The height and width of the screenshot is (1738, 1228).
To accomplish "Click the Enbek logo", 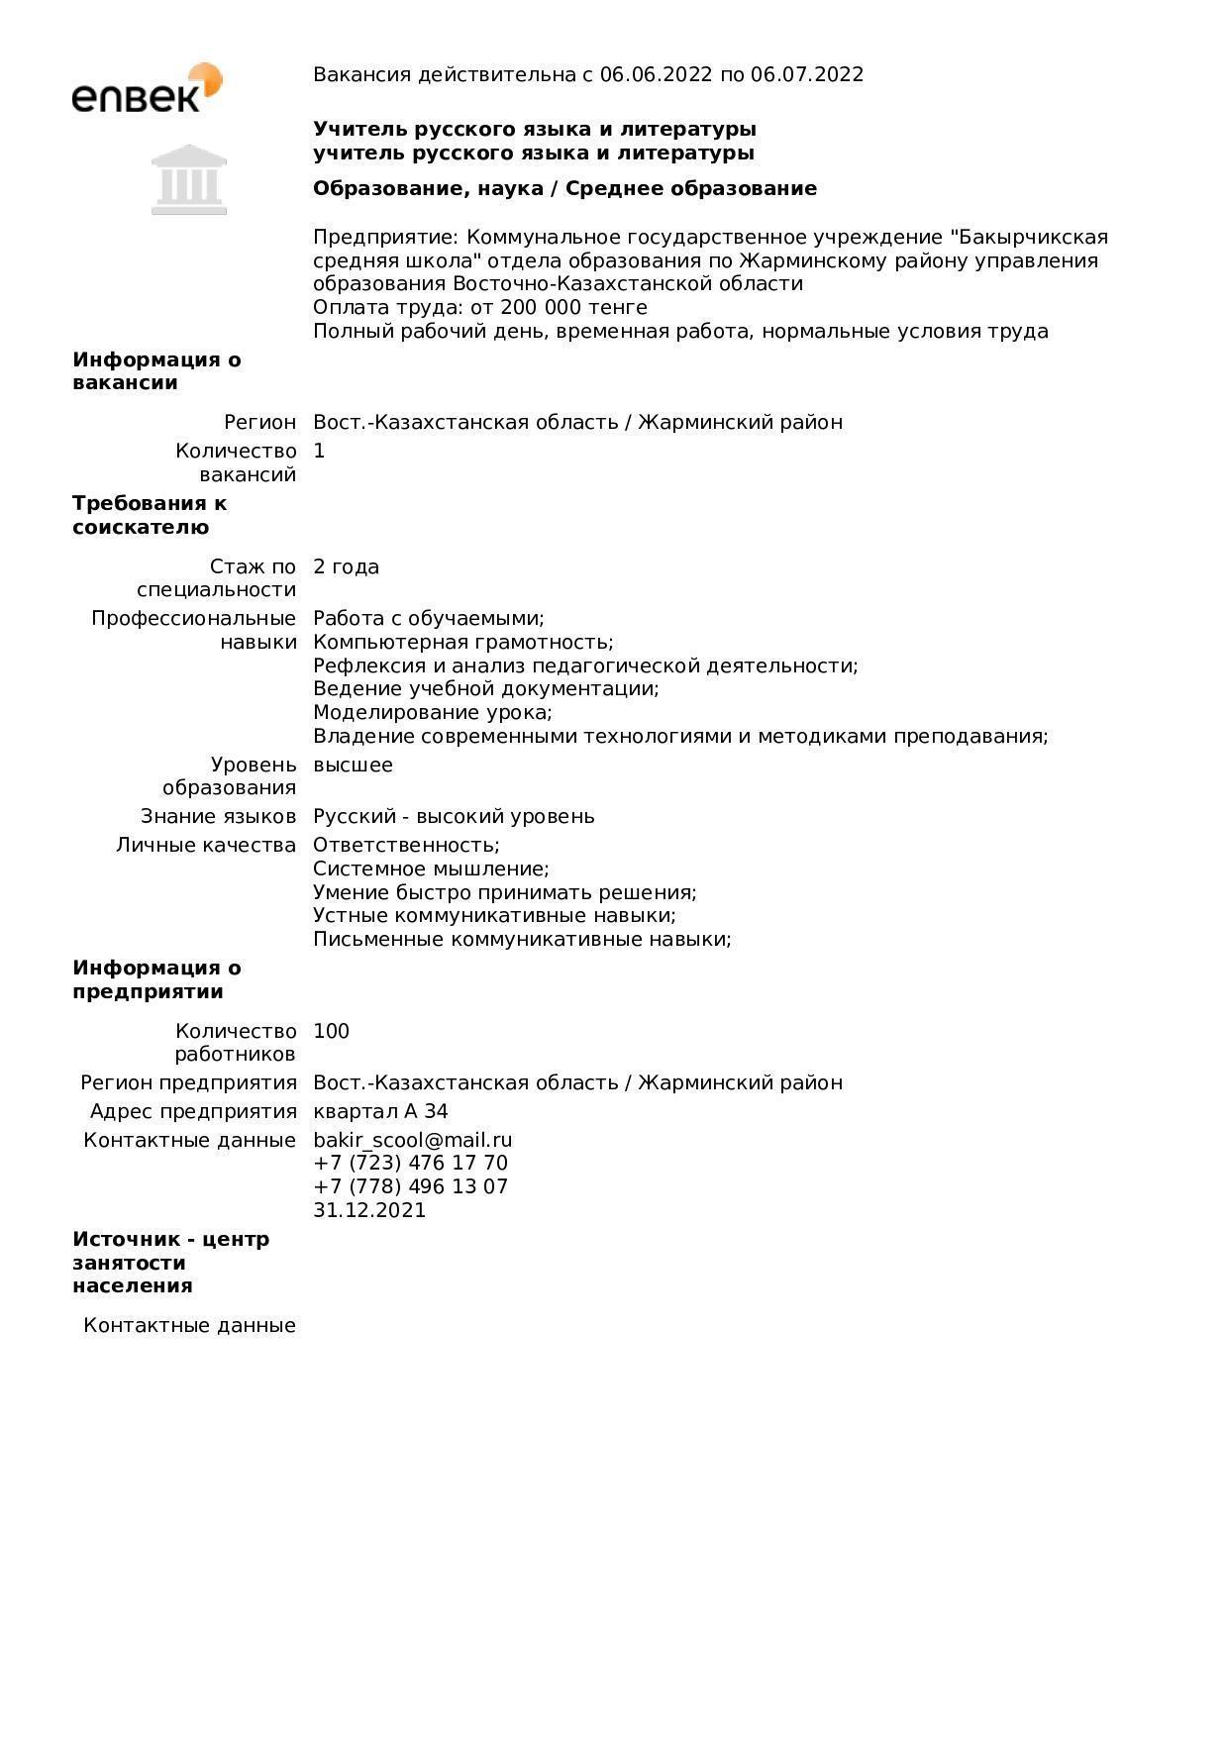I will pyautogui.click(x=147, y=88).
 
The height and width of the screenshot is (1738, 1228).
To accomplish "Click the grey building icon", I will pyautogui.click(x=189, y=180).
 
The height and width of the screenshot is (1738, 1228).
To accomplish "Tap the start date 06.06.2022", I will pyautogui.click(x=656, y=74).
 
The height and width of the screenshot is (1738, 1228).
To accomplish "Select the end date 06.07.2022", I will pyautogui.click(x=807, y=74).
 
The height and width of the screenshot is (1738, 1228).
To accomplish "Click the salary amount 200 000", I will pyautogui.click(x=542, y=307).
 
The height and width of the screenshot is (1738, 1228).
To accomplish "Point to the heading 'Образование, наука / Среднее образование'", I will pyautogui.click(x=564, y=188).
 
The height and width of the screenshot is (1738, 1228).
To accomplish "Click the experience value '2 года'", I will pyautogui.click(x=346, y=566).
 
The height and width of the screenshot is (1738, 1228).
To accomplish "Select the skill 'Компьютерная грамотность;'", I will pyautogui.click(x=462, y=642).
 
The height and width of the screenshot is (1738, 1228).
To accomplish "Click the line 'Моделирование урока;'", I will pyautogui.click(x=432, y=712).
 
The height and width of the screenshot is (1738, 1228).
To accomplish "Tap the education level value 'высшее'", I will pyautogui.click(x=353, y=765).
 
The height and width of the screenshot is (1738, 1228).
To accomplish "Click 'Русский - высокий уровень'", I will pyautogui.click(x=454, y=816).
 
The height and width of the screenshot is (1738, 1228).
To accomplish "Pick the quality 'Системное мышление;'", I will pyautogui.click(x=431, y=869).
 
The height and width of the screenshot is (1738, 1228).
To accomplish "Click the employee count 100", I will pyautogui.click(x=331, y=1031).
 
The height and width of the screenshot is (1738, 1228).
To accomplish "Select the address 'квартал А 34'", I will pyautogui.click(x=380, y=1111).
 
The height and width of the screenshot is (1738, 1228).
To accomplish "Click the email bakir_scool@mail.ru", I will pyautogui.click(x=412, y=1140).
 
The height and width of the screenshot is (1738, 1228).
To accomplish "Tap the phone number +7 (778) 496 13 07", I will pyautogui.click(x=410, y=1186).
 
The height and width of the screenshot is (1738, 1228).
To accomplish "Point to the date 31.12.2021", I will pyautogui.click(x=369, y=1210).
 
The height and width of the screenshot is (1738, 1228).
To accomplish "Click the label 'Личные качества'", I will pyautogui.click(x=206, y=845).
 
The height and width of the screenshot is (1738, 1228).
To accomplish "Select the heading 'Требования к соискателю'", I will pyautogui.click(x=149, y=515).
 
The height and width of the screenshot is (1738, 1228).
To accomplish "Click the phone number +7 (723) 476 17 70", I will pyautogui.click(x=410, y=1163).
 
